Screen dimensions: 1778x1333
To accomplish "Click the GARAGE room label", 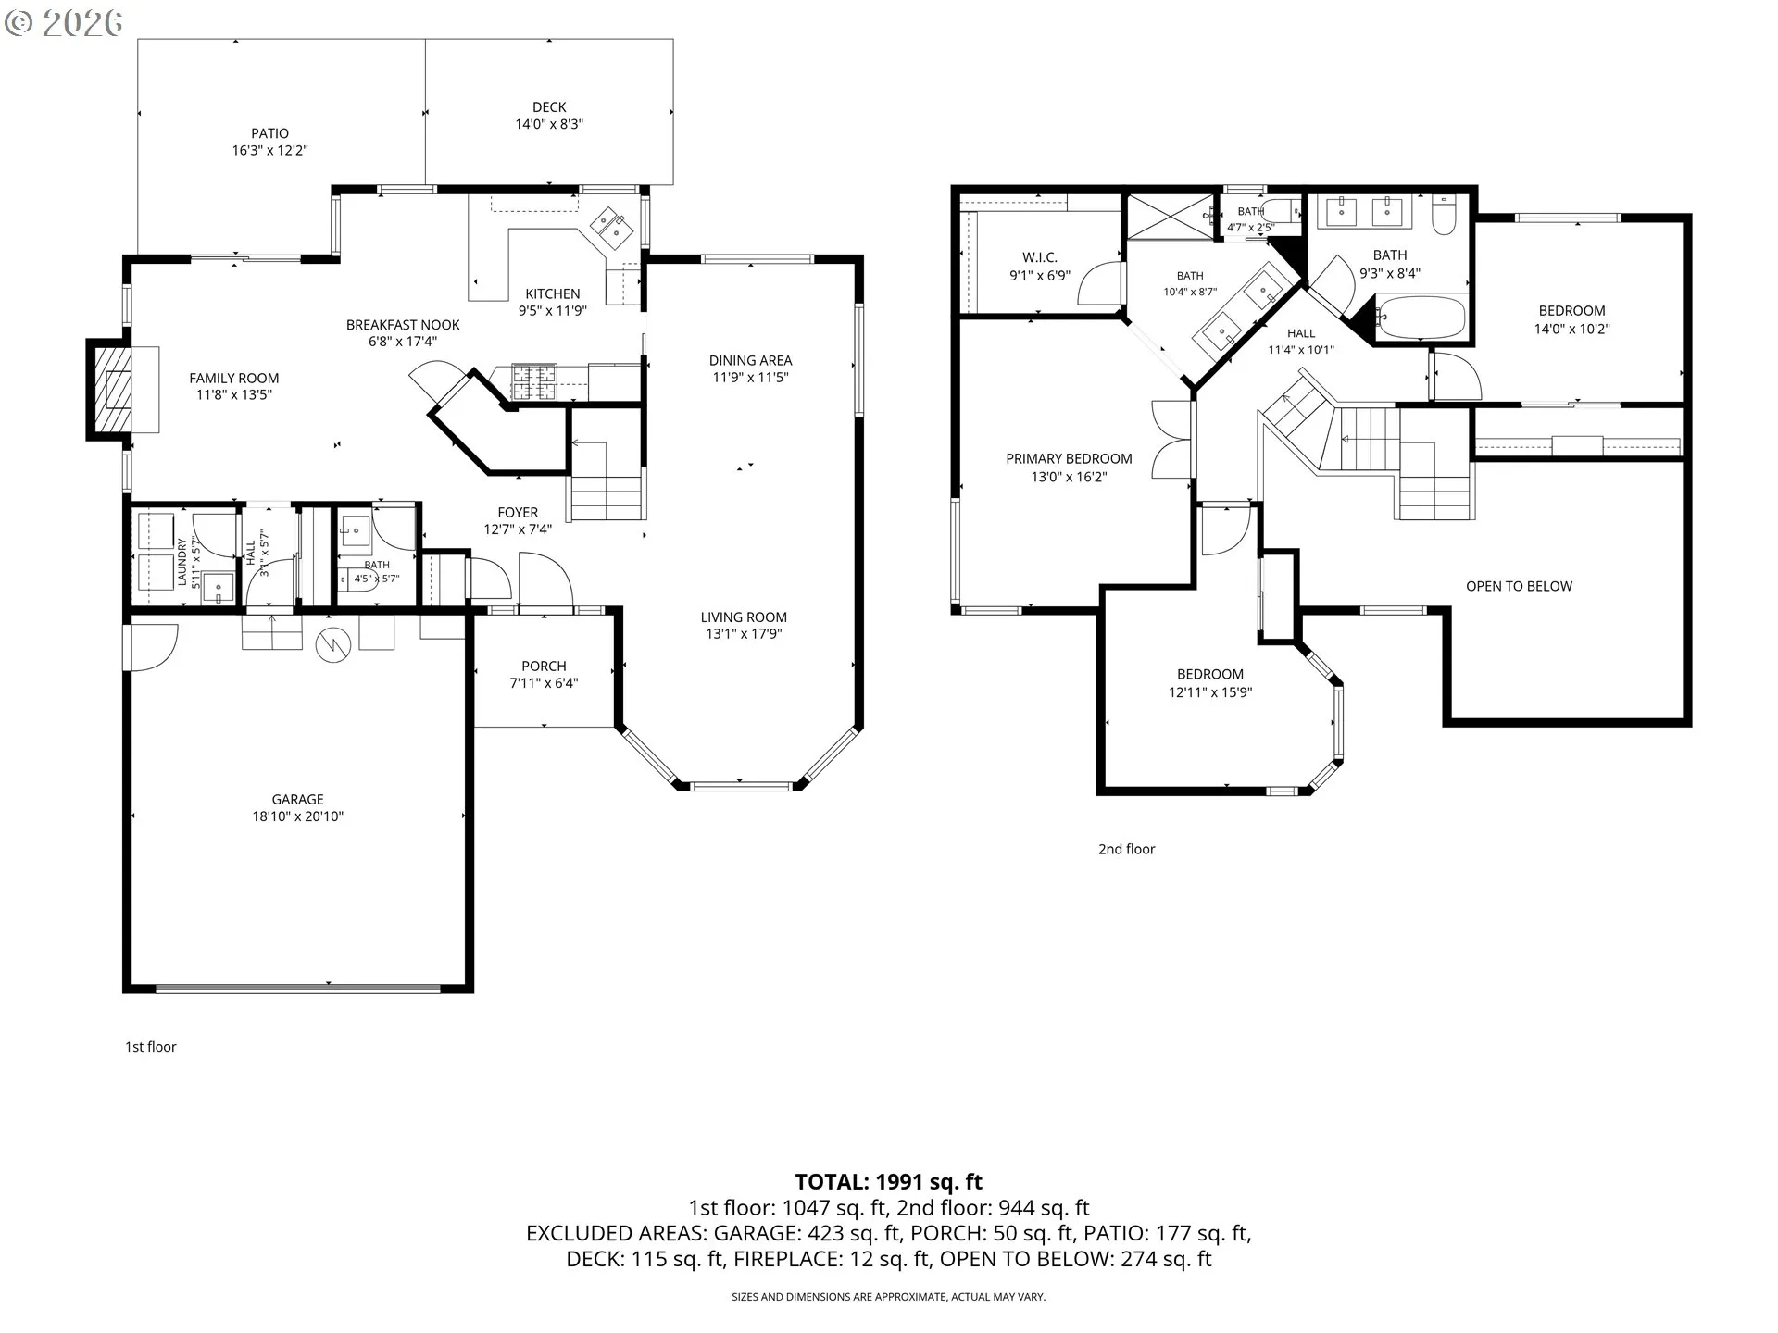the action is (297, 799).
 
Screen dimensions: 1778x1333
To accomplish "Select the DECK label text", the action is (549, 107).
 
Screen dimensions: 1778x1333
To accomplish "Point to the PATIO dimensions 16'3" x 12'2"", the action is (269, 150).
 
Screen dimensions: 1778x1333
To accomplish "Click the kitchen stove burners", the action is (534, 382).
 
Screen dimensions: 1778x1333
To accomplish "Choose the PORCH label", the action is (544, 666).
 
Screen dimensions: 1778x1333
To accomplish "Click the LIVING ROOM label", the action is (744, 617).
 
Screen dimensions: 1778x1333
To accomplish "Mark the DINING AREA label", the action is (750, 360).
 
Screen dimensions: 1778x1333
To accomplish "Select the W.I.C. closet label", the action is (1040, 257).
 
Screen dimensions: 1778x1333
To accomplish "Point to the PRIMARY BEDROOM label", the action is (1069, 458).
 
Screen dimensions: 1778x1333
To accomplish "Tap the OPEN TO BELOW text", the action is (1519, 586).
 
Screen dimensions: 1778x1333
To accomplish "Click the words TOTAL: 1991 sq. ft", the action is (888, 1182).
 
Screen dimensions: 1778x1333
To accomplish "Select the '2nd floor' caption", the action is (1126, 849).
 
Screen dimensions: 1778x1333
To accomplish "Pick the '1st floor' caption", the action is (151, 1047).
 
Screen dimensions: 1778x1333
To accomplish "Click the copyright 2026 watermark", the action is (64, 22).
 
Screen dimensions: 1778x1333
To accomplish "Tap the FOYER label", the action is (518, 512).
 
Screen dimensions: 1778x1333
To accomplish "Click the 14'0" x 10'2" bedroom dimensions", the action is (1571, 329).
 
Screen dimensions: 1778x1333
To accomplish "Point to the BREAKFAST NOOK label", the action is (403, 325).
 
